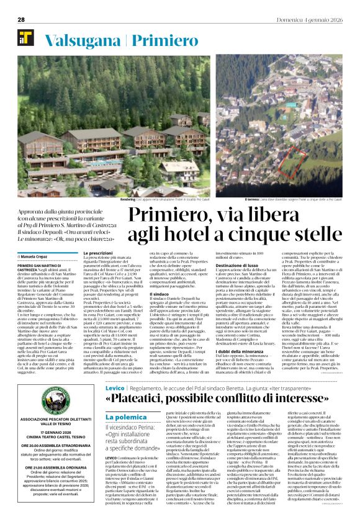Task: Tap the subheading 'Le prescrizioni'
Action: point(98,253)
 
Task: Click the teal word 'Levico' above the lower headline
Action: point(115,405)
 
